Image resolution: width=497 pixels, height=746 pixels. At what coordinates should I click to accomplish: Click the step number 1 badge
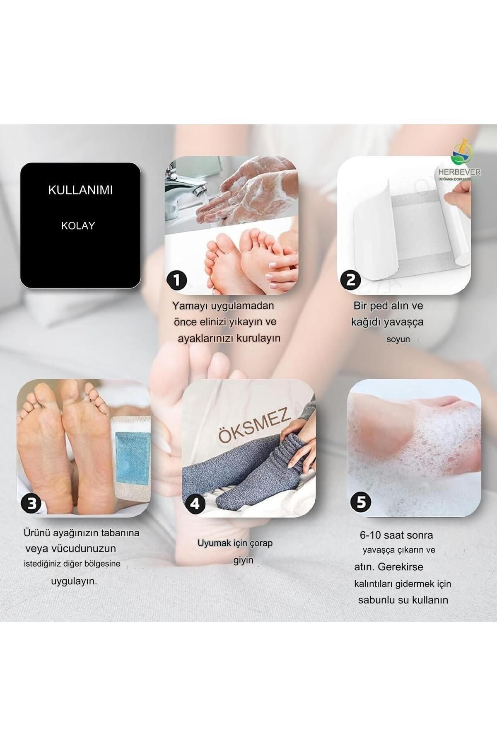(177, 281)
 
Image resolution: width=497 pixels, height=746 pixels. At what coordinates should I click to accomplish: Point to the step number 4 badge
(195, 504)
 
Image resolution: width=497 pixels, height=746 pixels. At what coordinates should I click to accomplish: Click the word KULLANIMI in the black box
(80, 190)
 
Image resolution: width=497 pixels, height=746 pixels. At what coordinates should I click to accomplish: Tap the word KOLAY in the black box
(78, 226)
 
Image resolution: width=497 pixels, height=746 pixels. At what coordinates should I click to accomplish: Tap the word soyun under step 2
(398, 339)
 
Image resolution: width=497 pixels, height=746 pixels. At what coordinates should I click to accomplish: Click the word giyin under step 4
(243, 560)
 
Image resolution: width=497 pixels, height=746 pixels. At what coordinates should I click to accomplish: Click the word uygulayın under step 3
(74, 581)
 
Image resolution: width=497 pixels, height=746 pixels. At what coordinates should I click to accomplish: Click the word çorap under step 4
(261, 543)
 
